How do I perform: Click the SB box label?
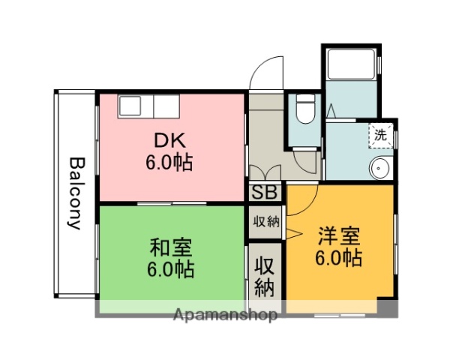264,192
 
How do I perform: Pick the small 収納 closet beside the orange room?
264,222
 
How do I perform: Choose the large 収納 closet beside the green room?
264,276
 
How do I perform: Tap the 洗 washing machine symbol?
381,136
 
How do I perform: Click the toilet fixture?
304,109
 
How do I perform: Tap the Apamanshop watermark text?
225,315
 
